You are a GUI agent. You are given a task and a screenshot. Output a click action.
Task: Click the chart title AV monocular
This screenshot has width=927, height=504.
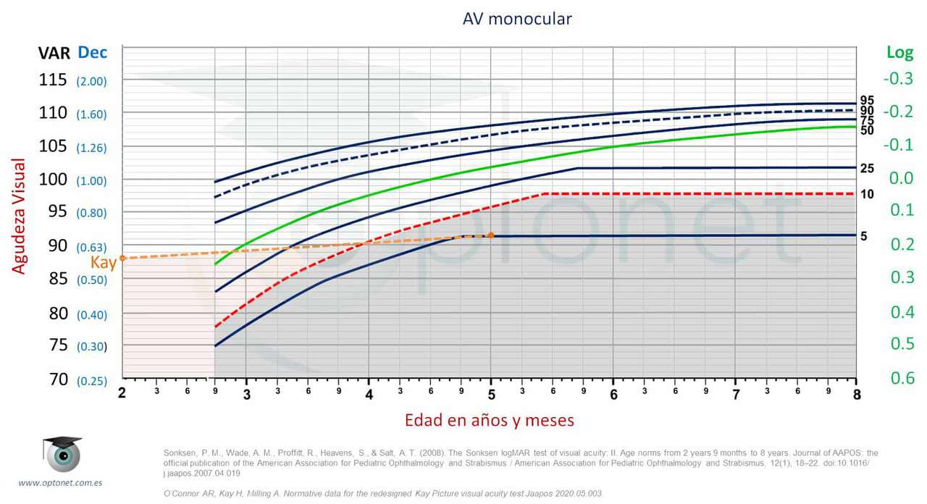[517, 19]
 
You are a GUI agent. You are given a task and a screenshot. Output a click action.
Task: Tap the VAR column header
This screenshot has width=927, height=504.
[54, 53]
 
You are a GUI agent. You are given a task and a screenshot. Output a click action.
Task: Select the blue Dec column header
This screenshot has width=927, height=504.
[93, 53]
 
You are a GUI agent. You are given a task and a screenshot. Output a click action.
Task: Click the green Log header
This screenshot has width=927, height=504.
[899, 53]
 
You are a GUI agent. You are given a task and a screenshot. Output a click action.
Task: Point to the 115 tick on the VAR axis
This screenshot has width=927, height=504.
[53, 80]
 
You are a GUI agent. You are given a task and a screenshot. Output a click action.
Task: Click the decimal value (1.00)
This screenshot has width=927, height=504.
[91, 181]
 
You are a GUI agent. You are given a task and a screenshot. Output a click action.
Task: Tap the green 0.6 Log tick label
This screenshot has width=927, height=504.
[902, 378]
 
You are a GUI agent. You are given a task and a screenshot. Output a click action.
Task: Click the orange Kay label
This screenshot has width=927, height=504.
[104, 263]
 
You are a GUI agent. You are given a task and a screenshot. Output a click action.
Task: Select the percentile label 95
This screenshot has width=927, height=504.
[867, 101]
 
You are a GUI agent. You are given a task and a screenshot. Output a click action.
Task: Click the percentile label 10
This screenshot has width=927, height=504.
[867, 194]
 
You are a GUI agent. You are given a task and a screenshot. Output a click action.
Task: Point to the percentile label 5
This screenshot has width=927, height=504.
[864, 236]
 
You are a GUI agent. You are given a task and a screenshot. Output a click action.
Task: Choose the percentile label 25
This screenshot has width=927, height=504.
[867, 169]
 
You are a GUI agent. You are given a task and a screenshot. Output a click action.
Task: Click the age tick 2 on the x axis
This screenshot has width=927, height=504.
[122, 393]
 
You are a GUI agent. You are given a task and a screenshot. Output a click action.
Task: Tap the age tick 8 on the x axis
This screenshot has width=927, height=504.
[856, 393]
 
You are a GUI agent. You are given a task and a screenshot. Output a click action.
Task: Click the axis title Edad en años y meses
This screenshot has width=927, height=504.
[490, 420]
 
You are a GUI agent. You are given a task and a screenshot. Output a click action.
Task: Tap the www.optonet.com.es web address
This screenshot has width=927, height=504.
[61, 482]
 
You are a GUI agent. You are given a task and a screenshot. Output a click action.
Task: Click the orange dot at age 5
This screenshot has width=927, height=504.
[491, 235]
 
